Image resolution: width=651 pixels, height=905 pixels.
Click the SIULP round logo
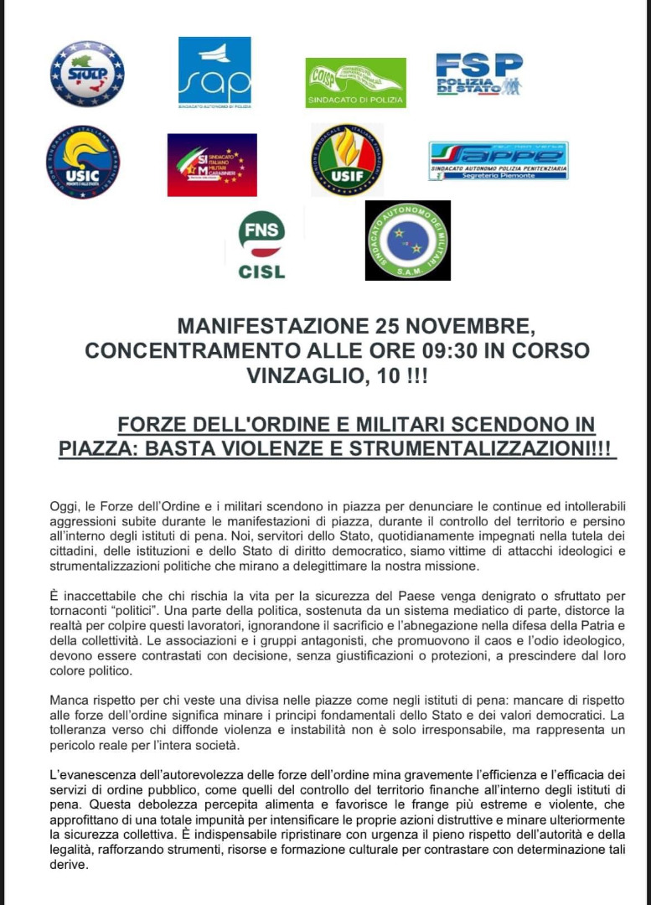(86, 73)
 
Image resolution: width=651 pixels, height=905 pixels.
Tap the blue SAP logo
(214, 72)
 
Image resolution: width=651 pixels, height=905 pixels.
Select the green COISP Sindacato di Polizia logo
(355, 82)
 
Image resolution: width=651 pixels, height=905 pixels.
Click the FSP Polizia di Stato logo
(479, 74)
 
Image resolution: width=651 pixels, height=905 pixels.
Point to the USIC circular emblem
(83, 162)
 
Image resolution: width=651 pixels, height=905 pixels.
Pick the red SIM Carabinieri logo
(212, 164)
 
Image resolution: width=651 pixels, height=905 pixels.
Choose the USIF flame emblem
(347, 160)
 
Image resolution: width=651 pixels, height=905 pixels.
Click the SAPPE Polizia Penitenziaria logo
(498, 161)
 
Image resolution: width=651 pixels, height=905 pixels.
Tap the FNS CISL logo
(261, 245)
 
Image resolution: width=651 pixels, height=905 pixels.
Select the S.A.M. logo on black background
(407, 240)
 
